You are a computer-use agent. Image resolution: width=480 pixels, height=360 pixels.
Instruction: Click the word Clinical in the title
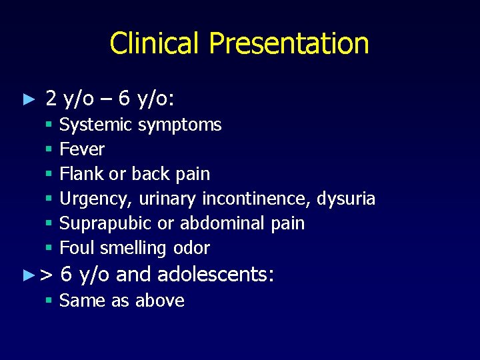click(x=155, y=43)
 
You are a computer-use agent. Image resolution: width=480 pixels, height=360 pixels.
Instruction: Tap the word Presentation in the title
click(x=289, y=43)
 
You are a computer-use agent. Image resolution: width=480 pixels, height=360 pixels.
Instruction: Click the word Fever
click(x=82, y=149)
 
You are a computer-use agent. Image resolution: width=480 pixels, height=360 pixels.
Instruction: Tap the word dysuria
click(x=346, y=199)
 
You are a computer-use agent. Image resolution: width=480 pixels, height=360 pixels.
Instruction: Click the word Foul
click(x=77, y=248)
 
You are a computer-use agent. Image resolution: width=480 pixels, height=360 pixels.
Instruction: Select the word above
click(x=159, y=301)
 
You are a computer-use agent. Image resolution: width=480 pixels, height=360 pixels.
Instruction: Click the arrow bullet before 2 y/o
click(x=27, y=100)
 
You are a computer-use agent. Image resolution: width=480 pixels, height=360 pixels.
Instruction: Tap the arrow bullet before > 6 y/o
click(x=27, y=274)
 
